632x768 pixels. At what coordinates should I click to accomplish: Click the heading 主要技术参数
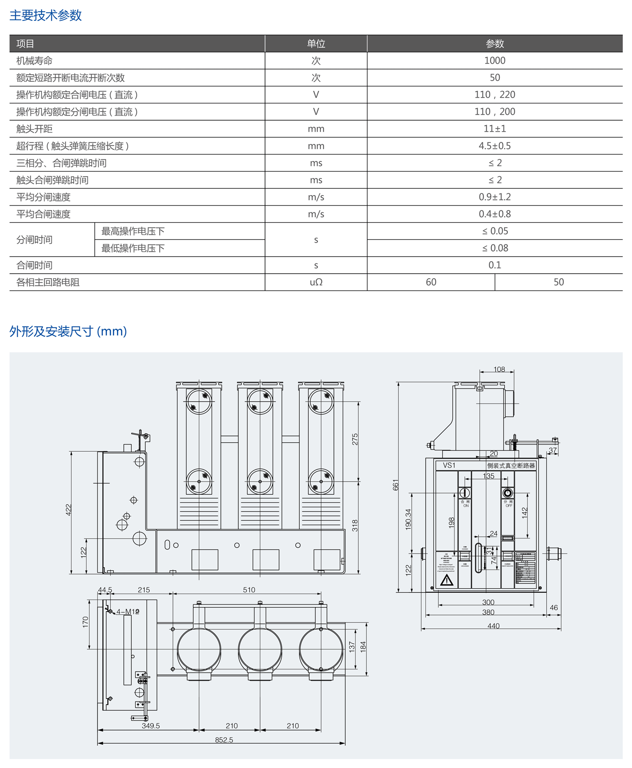pyautogui.click(x=46, y=15)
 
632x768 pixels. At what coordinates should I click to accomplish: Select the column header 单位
pyautogui.click(x=316, y=44)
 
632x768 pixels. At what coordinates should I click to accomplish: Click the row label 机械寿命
pyautogui.click(x=34, y=61)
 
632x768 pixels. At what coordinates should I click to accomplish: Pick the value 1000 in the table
pyautogui.click(x=495, y=61)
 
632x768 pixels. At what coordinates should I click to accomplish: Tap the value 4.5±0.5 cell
pyautogui.click(x=495, y=146)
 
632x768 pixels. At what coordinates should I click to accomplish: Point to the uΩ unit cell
pyautogui.click(x=316, y=282)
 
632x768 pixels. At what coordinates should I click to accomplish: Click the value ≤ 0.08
pyautogui.click(x=495, y=248)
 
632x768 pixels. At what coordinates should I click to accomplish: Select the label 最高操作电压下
pyautogui.click(x=133, y=231)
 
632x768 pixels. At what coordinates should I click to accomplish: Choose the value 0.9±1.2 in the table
pyautogui.click(x=495, y=197)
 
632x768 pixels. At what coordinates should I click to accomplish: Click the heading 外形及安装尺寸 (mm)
pyautogui.click(x=68, y=331)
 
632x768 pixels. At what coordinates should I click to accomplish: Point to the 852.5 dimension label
pyautogui.click(x=224, y=740)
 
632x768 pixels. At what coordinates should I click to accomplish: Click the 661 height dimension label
pyautogui.click(x=396, y=485)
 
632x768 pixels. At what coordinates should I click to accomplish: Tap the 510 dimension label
pyautogui.click(x=249, y=590)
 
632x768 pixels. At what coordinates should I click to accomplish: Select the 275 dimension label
pyautogui.click(x=355, y=439)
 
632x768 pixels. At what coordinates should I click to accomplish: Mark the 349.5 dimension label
pyautogui.click(x=151, y=726)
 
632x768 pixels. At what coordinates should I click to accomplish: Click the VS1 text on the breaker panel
pyautogui.click(x=449, y=465)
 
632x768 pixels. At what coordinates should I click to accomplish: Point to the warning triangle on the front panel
pyautogui.click(x=446, y=581)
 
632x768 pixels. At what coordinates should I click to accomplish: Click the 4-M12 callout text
pyautogui.click(x=128, y=612)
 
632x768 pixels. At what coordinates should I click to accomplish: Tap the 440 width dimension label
pyautogui.click(x=493, y=626)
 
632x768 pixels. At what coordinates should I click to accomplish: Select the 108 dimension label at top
pyautogui.click(x=499, y=370)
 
